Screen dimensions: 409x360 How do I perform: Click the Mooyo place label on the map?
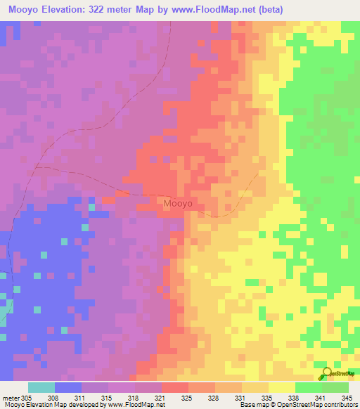[x=178, y=204]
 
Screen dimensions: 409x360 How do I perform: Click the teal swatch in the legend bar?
[x=41, y=387]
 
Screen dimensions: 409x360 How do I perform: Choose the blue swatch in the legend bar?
[x=68, y=387]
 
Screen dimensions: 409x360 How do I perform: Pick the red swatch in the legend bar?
[x=175, y=387]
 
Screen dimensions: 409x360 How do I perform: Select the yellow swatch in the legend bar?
[x=282, y=387]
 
